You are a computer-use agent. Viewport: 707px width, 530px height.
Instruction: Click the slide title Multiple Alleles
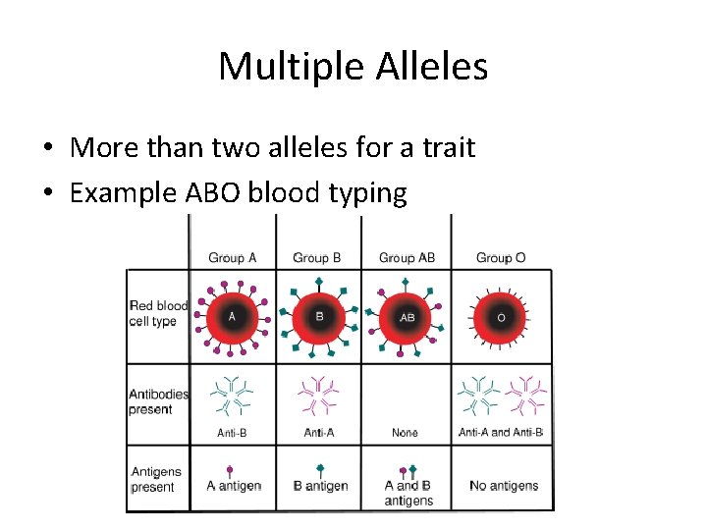tap(353, 67)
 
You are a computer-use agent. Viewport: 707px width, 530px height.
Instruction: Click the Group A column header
tap(233, 257)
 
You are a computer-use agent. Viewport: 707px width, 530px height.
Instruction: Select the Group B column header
tap(317, 257)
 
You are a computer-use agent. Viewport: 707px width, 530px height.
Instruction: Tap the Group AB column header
tap(407, 257)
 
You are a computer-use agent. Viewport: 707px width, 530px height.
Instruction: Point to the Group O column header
tap(501, 257)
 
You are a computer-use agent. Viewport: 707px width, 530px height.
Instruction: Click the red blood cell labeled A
tap(232, 317)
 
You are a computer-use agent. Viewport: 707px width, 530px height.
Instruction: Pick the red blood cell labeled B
tap(318, 317)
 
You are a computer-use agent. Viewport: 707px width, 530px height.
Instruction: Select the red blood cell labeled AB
tap(408, 317)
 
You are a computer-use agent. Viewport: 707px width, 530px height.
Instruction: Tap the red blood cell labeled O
tap(501, 317)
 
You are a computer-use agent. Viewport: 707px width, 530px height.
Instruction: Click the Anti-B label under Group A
tap(233, 433)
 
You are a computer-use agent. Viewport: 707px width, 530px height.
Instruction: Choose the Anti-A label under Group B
tap(319, 433)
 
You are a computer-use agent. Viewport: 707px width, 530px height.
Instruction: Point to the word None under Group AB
tap(405, 433)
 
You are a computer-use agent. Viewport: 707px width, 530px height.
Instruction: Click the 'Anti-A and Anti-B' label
tap(501, 433)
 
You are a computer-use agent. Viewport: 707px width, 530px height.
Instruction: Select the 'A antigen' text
tap(234, 486)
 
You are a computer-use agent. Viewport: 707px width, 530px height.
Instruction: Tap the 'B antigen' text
tap(321, 486)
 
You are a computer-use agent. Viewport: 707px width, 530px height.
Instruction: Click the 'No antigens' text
tap(504, 486)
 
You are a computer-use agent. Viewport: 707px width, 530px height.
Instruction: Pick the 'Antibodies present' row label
tap(157, 401)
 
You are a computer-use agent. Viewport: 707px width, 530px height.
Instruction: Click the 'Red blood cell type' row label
tap(157, 314)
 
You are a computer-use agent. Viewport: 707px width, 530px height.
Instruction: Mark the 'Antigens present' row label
tap(155, 479)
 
